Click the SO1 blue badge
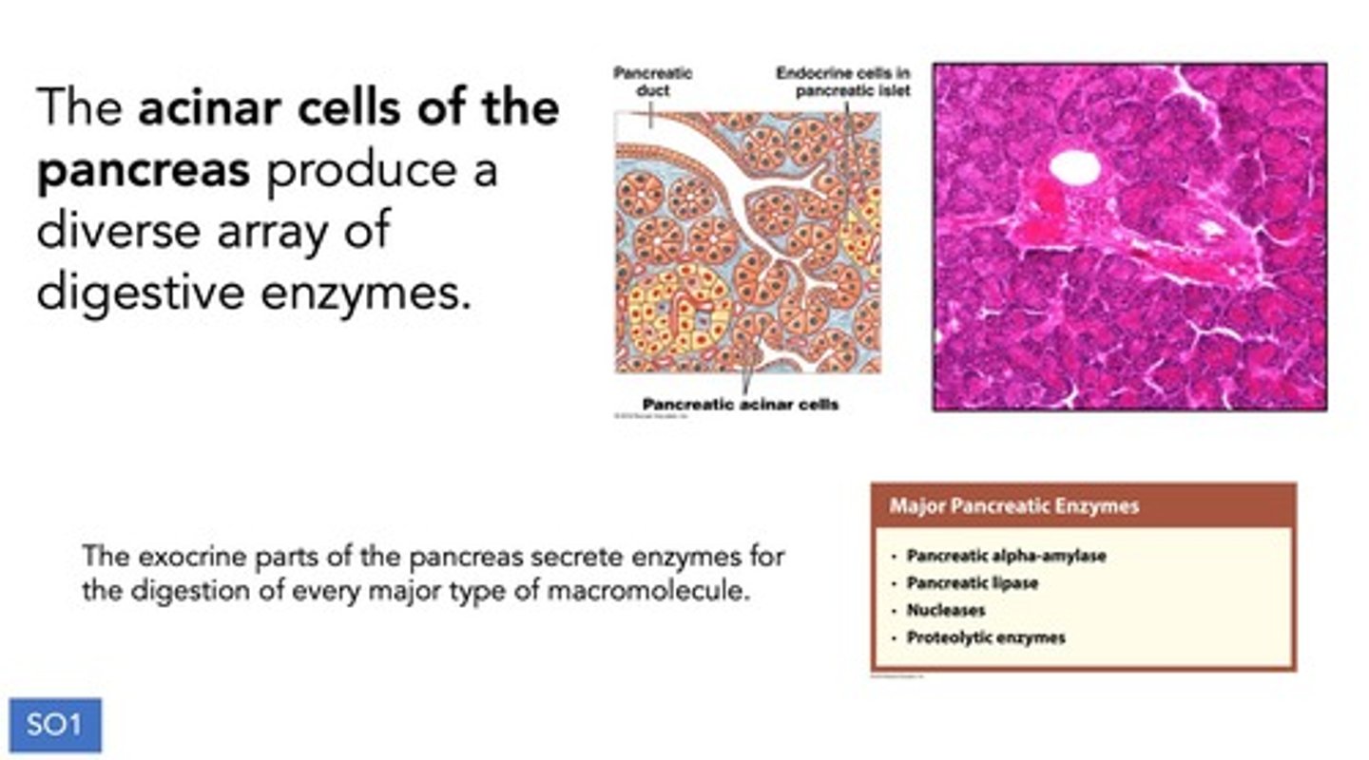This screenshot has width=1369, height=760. click(55, 726)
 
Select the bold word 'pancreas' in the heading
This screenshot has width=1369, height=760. click(143, 171)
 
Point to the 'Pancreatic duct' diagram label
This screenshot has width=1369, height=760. click(652, 82)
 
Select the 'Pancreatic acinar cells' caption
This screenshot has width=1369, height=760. click(741, 404)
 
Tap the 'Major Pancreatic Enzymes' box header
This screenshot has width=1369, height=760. click(1013, 506)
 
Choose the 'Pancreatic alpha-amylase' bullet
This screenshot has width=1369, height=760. click(1006, 556)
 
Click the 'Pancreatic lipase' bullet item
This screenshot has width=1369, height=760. click(972, 583)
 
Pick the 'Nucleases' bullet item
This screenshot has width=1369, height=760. click(945, 610)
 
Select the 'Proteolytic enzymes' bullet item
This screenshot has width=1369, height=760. click(986, 637)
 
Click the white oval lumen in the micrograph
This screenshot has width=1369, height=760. click(1074, 167)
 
